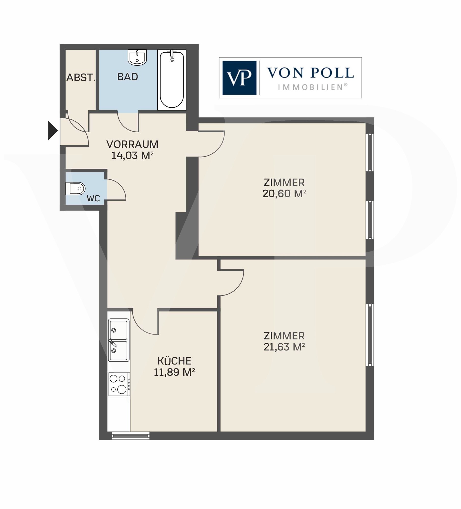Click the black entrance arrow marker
(52, 131)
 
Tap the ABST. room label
(81, 77)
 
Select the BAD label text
(127, 77)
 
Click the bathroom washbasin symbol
(137, 57)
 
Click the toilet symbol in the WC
(75, 189)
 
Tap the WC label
(93, 198)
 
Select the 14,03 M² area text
(132, 155)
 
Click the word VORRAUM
(132, 144)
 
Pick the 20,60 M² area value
(284, 194)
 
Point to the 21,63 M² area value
(284, 347)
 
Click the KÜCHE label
(174, 361)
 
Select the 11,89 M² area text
(174, 372)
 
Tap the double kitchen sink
(119, 340)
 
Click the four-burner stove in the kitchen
(119, 384)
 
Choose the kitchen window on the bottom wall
(131, 436)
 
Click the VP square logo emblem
(239, 78)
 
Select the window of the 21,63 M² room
(370, 335)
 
